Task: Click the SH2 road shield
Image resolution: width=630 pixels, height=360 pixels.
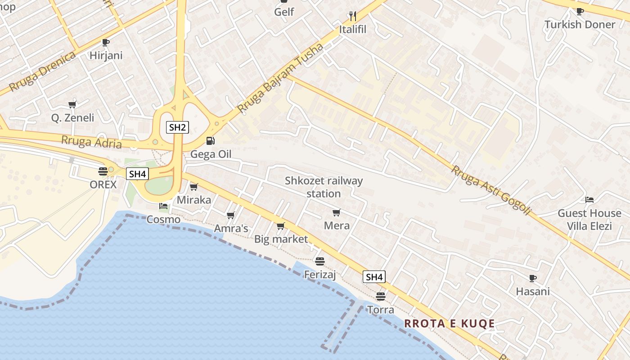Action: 177,127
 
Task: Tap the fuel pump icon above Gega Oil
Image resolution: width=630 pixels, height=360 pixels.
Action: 210,141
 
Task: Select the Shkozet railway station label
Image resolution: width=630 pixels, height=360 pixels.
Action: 324,187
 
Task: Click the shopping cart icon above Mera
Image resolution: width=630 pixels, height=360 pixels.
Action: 336,212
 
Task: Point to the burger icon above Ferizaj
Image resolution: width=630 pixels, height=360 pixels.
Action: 320,261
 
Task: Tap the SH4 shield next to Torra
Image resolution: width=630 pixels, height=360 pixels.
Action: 374,277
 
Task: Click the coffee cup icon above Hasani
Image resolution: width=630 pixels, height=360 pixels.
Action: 533,278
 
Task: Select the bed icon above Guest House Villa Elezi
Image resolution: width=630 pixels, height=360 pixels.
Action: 589,200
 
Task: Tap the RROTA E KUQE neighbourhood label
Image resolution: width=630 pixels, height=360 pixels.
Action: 450,324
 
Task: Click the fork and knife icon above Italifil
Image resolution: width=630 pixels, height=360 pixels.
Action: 353,17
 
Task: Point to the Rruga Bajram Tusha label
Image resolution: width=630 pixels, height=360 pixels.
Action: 280,78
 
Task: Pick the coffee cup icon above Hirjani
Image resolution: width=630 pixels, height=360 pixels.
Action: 105,42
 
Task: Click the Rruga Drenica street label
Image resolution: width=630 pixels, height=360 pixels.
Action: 42,72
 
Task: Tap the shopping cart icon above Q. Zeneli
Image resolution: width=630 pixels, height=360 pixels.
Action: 72,105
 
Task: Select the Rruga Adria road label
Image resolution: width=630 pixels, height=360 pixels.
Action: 91,142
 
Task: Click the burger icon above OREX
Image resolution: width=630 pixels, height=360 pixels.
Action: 103,171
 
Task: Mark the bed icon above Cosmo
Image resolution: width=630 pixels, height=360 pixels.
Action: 163,206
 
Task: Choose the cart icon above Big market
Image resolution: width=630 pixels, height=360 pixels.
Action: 281,226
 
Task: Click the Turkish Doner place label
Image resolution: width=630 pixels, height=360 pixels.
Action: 580,24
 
